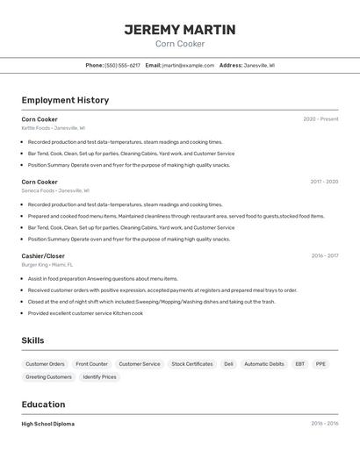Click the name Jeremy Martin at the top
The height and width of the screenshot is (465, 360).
pyautogui.click(x=179, y=30)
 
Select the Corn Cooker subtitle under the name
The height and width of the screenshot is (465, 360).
pyautogui.click(x=179, y=44)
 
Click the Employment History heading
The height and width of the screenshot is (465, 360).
pyautogui.click(x=65, y=100)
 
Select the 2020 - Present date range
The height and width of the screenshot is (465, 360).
pyautogui.click(x=320, y=119)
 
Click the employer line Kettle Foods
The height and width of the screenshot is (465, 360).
pyautogui.click(x=53, y=128)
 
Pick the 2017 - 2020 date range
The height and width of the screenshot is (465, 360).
pyautogui.click(x=324, y=182)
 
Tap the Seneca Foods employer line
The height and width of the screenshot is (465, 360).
pyautogui.click(x=54, y=190)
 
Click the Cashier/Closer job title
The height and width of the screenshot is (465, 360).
pyautogui.click(x=43, y=256)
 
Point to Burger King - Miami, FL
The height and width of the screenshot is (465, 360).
pyautogui.click(x=47, y=264)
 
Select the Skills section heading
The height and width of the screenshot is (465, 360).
pyautogui.click(x=32, y=340)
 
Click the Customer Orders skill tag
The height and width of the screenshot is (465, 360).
pyautogui.click(x=45, y=364)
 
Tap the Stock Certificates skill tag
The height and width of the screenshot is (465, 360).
pyautogui.click(x=192, y=364)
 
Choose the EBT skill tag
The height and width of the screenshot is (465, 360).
pyautogui.click(x=299, y=364)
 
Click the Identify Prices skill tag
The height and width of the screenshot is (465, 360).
pyautogui.click(x=99, y=377)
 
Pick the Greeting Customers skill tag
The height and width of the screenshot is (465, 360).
pyautogui.click(x=48, y=377)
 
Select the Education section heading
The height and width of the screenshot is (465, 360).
pyautogui.click(x=43, y=404)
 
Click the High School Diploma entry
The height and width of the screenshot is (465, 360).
pyautogui.click(x=48, y=424)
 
